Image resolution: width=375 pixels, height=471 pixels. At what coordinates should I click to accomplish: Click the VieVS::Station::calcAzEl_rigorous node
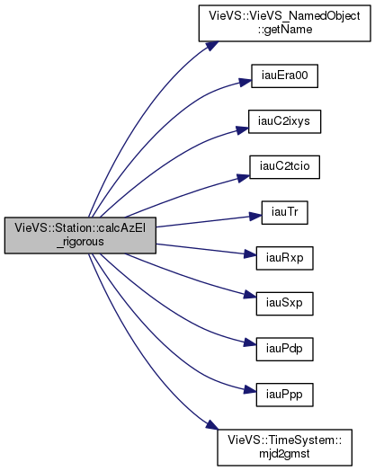pyautogui.click(x=80, y=235)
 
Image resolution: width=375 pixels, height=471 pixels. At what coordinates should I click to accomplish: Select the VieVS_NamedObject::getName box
pyautogui.click(x=284, y=23)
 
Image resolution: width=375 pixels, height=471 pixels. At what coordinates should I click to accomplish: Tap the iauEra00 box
pyautogui.click(x=284, y=76)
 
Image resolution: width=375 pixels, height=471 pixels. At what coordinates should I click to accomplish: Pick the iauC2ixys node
pyautogui.click(x=284, y=121)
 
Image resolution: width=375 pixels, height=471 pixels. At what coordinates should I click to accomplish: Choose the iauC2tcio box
pyautogui.click(x=284, y=167)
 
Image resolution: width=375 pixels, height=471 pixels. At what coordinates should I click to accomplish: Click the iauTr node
pyautogui.click(x=284, y=213)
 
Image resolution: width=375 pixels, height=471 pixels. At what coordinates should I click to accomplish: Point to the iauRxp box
pyautogui.click(x=284, y=258)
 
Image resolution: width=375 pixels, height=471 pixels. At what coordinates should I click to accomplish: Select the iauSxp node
pyautogui.click(x=284, y=304)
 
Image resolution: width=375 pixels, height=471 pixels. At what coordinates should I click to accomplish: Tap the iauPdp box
pyautogui.click(x=284, y=350)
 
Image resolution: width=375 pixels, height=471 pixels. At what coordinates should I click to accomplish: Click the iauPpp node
pyautogui.click(x=284, y=395)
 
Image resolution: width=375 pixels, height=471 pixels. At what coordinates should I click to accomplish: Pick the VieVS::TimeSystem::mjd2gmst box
pyautogui.click(x=284, y=448)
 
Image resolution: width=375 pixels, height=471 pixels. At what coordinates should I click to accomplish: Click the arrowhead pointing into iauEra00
pyautogui.click(x=246, y=82)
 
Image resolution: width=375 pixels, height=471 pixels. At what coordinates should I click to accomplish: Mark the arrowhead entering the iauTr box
pyautogui.click(x=255, y=216)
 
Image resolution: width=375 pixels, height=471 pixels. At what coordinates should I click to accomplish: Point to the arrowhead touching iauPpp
pyautogui.click(x=250, y=390)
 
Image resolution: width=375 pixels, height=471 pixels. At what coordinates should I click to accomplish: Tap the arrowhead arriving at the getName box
pyautogui.click(x=210, y=46)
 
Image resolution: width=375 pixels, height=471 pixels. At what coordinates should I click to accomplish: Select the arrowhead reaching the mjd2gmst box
pyautogui.click(x=212, y=425)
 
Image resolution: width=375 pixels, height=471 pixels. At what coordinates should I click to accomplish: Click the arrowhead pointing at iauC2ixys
pyautogui.click(x=243, y=129)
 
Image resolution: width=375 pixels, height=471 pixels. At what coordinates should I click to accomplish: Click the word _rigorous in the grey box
pyautogui.click(x=80, y=242)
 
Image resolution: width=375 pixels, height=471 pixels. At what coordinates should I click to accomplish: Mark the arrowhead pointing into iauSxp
pyautogui.click(x=250, y=295)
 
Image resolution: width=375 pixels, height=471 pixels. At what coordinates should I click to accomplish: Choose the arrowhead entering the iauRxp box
pyautogui.click(x=250, y=254)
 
